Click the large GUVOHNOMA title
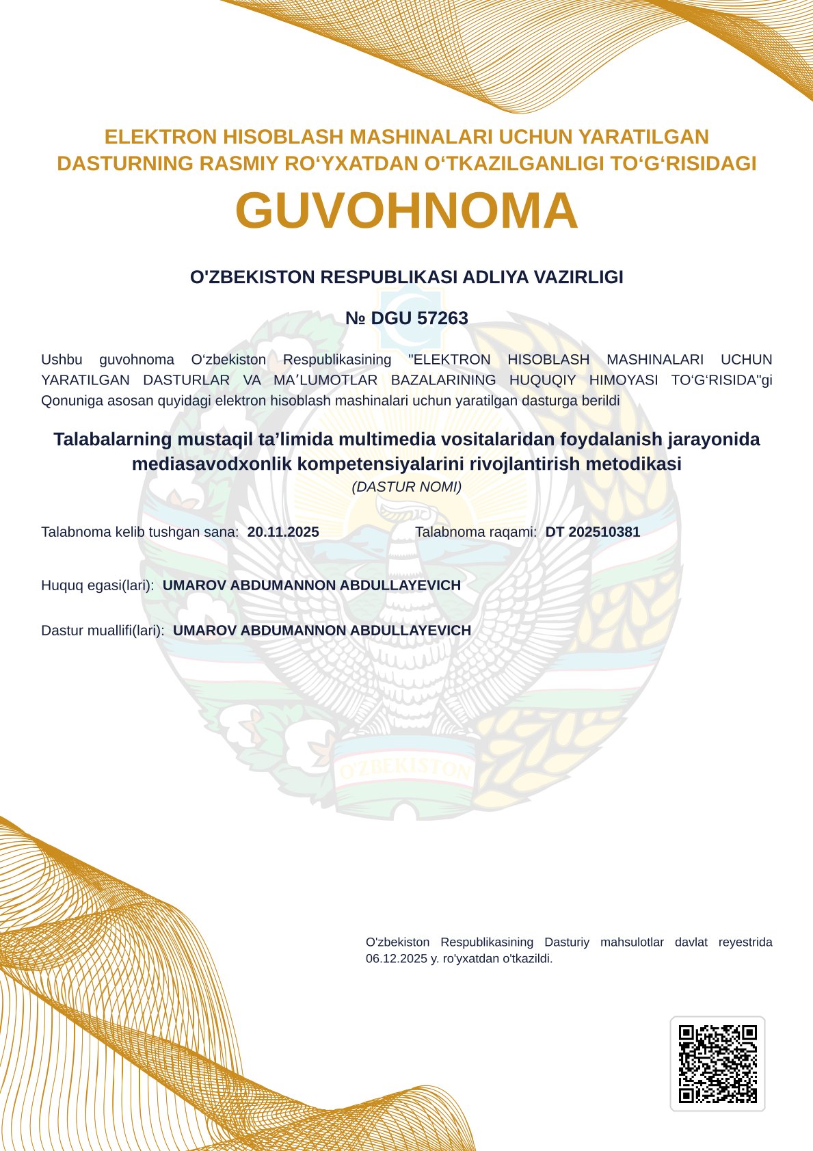(x=406, y=211)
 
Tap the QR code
(x=717, y=1063)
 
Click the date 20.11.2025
(x=283, y=532)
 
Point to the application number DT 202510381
(x=592, y=532)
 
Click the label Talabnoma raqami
(x=476, y=532)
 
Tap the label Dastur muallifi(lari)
(x=103, y=631)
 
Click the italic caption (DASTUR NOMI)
(x=406, y=487)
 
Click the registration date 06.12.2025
(x=396, y=959)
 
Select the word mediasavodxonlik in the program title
(x=212, y=464)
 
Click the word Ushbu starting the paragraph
(x=62, y=360)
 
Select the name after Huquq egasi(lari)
(x=312, y=585)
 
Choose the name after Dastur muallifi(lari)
(x=322, y=631)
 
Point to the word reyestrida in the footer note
(x=745, y=942)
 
